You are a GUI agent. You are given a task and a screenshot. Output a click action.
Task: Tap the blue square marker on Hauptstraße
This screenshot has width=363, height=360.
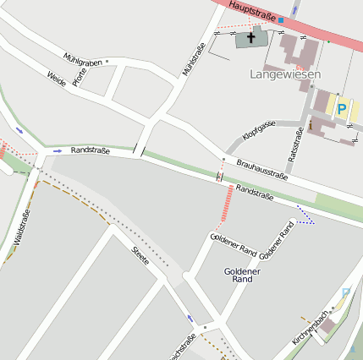[283, 19]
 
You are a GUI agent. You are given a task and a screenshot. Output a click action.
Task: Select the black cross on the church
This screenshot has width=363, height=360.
[250, 37]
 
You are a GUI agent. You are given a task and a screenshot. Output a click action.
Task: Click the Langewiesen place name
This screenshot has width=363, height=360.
[285, 74]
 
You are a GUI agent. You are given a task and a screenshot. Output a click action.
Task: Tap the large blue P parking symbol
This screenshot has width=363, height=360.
[342, 108]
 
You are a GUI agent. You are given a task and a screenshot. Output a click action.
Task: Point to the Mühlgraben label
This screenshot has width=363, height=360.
[83, 60]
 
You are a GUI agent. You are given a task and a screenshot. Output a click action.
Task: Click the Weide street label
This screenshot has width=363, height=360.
[57, 79]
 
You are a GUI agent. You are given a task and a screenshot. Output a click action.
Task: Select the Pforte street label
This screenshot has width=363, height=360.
[80, 78]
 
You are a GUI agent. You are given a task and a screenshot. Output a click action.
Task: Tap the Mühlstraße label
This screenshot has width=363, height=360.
[194, 59]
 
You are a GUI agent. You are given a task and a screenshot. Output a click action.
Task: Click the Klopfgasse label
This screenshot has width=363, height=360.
[258, 129]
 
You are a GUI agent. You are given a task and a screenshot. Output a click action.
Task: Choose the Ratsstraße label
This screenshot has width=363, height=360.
[295, 145]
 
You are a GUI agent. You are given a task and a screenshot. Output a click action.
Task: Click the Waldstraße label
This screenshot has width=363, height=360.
[22, 223]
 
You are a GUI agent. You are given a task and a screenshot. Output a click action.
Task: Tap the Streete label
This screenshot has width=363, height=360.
[140, 255]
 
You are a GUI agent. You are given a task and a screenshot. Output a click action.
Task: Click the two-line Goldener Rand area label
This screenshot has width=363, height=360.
[242, 275]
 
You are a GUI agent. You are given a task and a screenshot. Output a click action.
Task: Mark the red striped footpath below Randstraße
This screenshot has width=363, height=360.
[227, 203]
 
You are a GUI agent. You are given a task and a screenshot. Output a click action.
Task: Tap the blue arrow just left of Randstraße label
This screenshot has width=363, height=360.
[58, 150]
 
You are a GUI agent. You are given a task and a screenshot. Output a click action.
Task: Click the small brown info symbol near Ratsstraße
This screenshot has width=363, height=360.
[310, 127]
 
